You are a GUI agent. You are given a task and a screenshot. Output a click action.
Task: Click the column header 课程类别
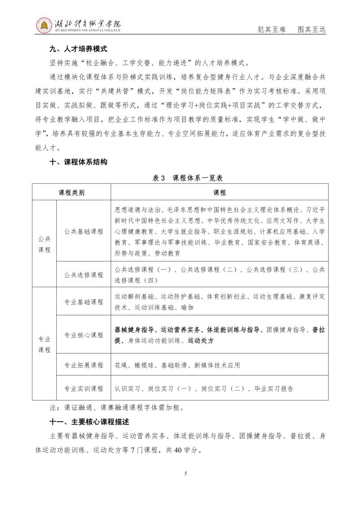tap(72, 193)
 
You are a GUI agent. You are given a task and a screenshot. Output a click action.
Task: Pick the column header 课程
tap(220, 193)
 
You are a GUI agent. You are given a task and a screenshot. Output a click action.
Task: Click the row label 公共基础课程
tap(84, 232)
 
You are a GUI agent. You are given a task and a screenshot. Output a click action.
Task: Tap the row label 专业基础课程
tap(84, 302)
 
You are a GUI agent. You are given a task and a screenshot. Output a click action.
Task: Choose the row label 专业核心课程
tap(84, 335)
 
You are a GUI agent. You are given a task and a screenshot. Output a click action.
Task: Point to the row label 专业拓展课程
tap(84, 365)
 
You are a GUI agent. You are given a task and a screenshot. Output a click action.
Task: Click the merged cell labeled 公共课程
tap(44, 244)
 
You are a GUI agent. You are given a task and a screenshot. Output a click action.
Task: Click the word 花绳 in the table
tap(121, 365)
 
